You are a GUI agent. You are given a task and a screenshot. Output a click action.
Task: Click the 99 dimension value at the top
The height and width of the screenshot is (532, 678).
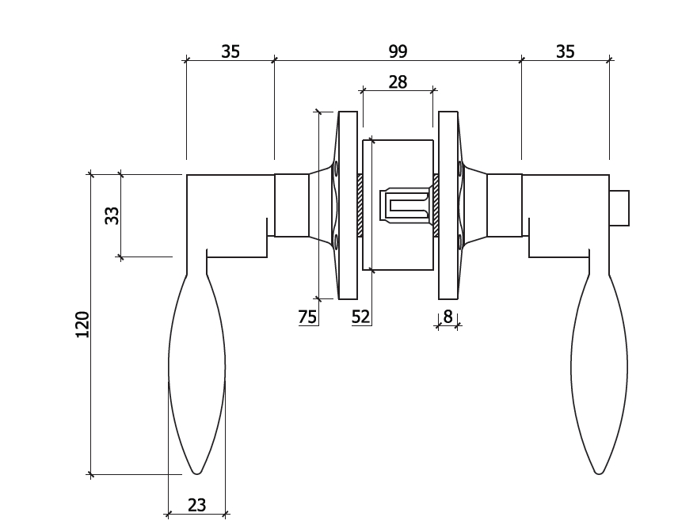point(398,51)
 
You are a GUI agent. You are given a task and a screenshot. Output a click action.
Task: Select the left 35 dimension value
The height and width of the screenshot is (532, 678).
point(230,51)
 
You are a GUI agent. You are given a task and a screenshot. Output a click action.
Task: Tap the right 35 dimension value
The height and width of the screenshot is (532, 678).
point(566,51)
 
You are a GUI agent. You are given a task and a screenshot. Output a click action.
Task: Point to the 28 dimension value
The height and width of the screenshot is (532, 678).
point(398,82)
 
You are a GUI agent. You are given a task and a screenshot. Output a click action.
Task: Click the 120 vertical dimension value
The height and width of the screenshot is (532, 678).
point(82,325)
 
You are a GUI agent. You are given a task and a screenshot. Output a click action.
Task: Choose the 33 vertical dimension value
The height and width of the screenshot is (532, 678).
point(112,215)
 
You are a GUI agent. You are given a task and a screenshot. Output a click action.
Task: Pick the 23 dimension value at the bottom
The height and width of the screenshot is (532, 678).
point(196,505)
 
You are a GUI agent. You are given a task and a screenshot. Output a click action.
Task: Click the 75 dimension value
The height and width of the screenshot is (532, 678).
point(307,317)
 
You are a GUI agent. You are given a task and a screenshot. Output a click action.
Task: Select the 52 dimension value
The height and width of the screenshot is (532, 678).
point(360,317)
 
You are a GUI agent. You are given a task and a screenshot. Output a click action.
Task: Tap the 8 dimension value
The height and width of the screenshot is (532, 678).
point(448,317)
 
